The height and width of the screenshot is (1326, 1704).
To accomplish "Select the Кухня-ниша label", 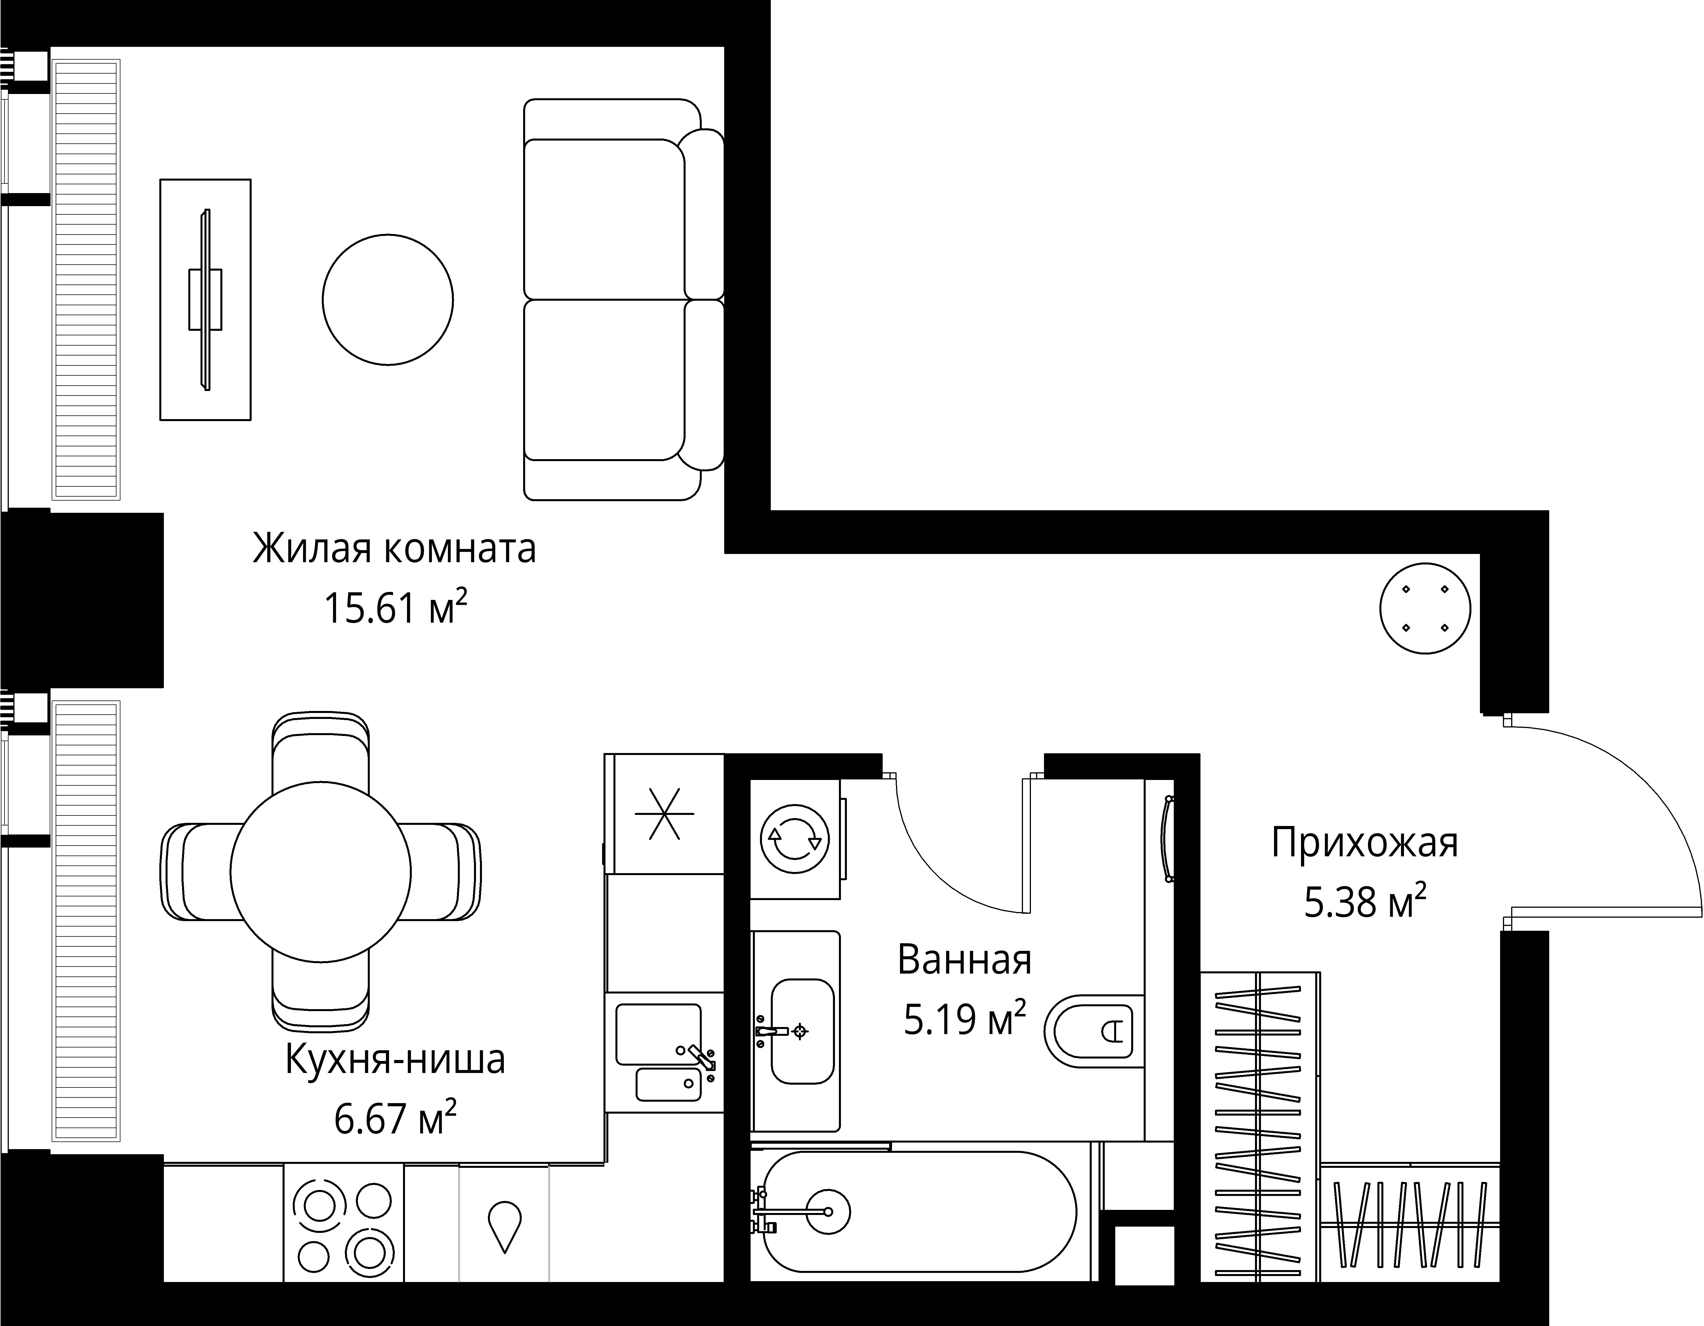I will tap(395, 1059).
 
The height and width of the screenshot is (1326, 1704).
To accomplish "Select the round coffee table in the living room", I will tap(388, 300).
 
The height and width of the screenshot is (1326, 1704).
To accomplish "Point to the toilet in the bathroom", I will tap(1096, 1031).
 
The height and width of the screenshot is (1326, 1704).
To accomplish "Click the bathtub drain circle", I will tap(828, 1211).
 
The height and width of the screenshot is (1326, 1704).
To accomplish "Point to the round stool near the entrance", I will tap(1425, 608).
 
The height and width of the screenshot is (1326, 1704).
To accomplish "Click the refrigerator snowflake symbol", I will tap(664, 813).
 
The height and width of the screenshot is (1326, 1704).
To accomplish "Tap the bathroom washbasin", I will tap(802, 1031).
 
